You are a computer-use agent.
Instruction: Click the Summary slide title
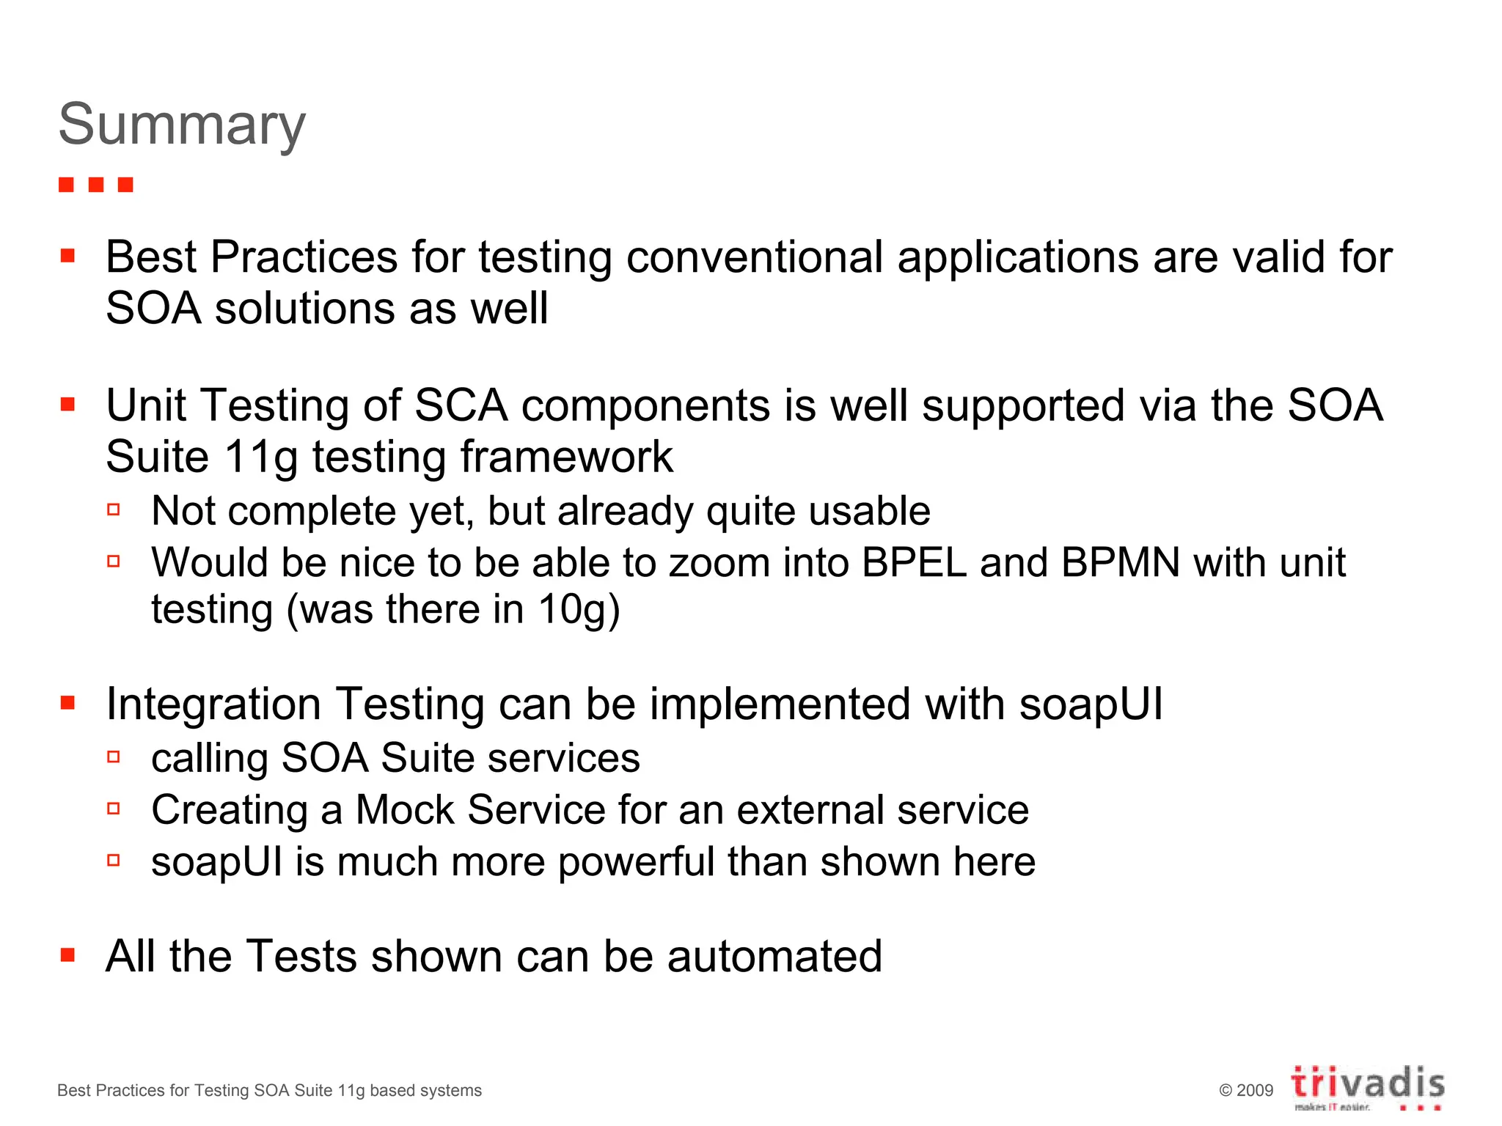182,125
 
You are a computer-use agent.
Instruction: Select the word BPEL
914,563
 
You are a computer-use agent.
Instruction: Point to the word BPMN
1120,563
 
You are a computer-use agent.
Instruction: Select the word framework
566,457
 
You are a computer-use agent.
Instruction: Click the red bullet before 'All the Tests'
68,954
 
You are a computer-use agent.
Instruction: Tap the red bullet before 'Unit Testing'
68,404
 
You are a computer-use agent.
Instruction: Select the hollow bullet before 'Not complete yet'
114,509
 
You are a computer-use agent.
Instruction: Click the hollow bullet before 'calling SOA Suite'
114,757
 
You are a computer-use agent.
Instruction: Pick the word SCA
461,405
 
